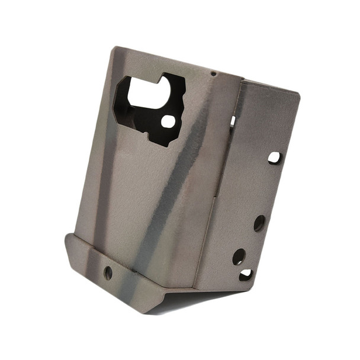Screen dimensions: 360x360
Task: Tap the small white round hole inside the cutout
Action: [168, 122]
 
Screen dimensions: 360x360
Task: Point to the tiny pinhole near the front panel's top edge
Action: [213, 73]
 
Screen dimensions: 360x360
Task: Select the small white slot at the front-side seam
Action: [233, 121]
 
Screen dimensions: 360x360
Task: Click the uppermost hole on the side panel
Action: [274, 157]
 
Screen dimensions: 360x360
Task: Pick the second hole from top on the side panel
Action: [259, 223]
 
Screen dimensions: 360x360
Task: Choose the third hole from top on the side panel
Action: [239, 256]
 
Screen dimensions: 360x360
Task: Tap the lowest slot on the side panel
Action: [246, 275]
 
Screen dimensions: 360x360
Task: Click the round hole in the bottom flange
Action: [108, 272]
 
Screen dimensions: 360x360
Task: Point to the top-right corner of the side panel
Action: [299, 94]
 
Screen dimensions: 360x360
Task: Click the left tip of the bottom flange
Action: [66, 237]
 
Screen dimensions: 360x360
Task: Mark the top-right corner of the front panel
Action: [243, 78]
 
